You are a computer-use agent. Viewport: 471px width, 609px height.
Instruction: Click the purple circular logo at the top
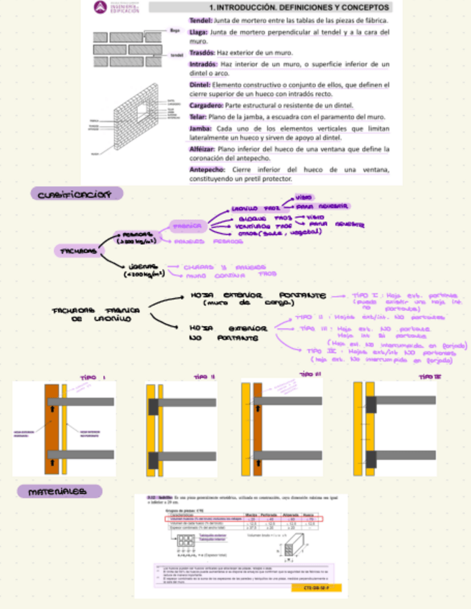click(99, 8)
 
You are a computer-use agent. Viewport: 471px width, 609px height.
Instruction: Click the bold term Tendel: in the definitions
click(200, 21)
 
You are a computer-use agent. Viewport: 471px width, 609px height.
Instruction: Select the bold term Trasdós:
click(202, 53)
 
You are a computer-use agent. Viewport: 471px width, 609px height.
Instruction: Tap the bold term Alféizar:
click(203, 149)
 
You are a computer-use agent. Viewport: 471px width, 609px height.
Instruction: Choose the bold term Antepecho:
click(207, 169)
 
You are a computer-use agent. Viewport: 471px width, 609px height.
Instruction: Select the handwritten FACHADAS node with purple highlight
click(76, 251)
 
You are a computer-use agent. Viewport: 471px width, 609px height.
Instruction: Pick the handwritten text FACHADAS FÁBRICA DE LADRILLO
click(94, 315)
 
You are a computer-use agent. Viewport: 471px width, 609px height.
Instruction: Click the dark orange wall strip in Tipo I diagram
click(51, 427)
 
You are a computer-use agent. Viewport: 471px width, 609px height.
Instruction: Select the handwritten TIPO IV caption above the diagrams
click(429, 376)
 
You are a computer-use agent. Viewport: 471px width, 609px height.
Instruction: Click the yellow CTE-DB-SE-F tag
click(317, 587)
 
